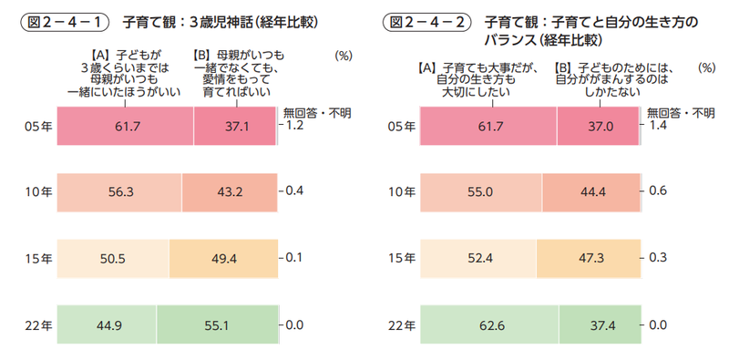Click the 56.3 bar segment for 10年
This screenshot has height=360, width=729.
tap(118, 192)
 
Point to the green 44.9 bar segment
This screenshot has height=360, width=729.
tap(107, 324)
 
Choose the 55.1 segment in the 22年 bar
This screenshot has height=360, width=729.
tap(216, 324)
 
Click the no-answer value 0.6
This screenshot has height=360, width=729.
tap(658, 192)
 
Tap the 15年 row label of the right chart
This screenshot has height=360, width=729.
tap(397, 259)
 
